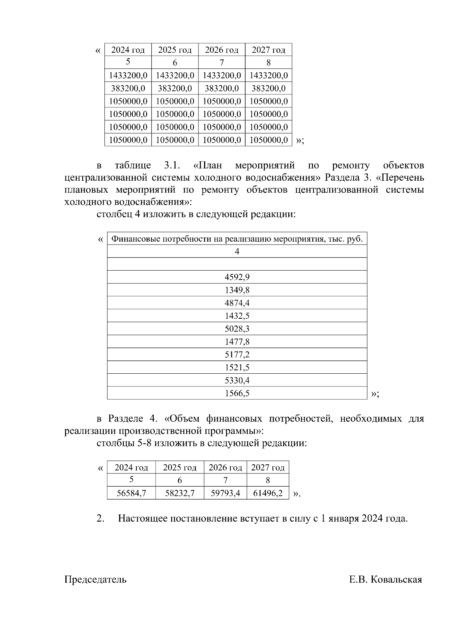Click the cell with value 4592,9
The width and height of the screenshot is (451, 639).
tap(237, 277)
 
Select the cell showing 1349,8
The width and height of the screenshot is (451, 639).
tap(237, 290)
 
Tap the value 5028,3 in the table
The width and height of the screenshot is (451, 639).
tap(237, 329)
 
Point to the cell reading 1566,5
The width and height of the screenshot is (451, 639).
tap(237, 393)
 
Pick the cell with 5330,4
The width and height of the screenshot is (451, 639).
tap(237, 380)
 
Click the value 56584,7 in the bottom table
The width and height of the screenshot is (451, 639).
tap(131, 493)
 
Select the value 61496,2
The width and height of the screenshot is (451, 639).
tap(268, 493)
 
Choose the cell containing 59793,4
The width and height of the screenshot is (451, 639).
tap(225, 493)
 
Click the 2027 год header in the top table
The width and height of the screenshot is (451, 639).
tap(268, 50)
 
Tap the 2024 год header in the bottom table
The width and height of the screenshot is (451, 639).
tap(131, 467)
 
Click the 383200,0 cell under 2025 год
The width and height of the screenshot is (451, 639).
tap(175, 88)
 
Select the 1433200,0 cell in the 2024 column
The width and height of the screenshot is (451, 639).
tap(128, 76)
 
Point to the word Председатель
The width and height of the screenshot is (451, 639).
tap(95, 580)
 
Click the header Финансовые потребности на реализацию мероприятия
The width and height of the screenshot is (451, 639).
tap(238, 239)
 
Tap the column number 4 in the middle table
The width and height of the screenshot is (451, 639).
tap(237, 251)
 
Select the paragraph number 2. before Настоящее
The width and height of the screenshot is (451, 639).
tap(100, 519)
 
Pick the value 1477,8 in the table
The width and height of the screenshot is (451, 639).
tap(237, 342)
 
